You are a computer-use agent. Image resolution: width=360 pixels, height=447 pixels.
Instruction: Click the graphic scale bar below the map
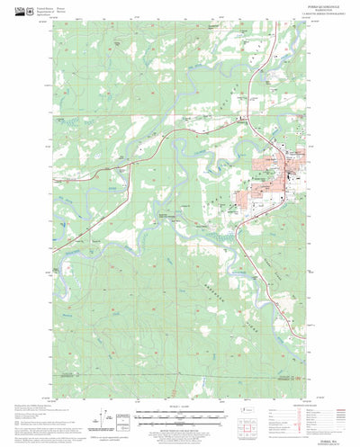180,415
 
